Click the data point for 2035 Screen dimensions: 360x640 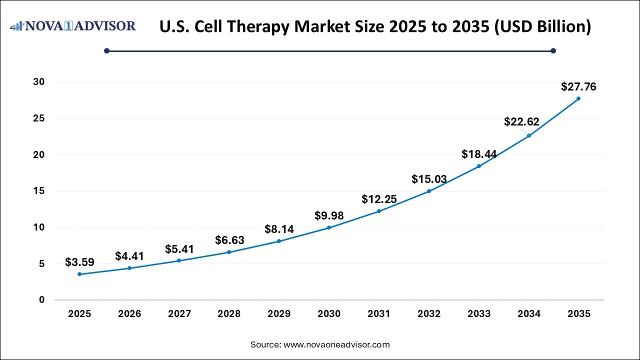pos(578,98)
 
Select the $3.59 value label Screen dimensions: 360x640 pos(79,262)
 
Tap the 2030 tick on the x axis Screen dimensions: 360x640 pos(329,314)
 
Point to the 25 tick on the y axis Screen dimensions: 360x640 pos(38,118)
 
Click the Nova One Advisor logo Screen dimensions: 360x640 pos(73,26)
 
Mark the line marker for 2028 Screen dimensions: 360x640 pos(229,252)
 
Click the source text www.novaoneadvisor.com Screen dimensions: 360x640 pos(336,344)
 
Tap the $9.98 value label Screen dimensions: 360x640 pos(329,215)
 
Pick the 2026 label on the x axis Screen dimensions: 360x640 pos(129,314)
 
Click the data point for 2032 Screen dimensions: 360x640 pos(429,191)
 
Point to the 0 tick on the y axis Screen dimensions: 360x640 pos(42,300)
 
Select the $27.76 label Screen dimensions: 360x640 pos(578,86)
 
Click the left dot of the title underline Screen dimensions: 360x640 pos(106,50)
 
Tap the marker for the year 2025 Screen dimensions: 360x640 pos(79,274)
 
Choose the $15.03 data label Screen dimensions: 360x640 pos(429,179)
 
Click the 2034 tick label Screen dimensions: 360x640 pos(529,314)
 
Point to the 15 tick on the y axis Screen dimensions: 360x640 pos(38,191)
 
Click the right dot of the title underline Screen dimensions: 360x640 pos(553,50)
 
